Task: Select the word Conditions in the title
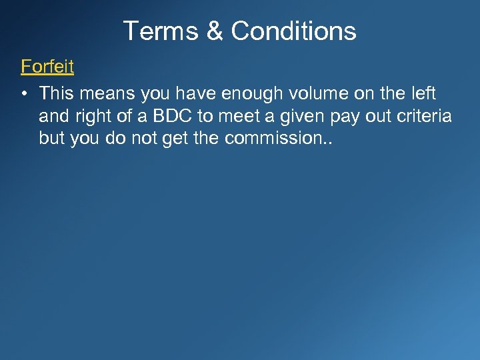(x=294, y=31)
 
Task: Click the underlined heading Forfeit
(x=47, y=67)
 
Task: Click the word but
(x=52, y=139)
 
